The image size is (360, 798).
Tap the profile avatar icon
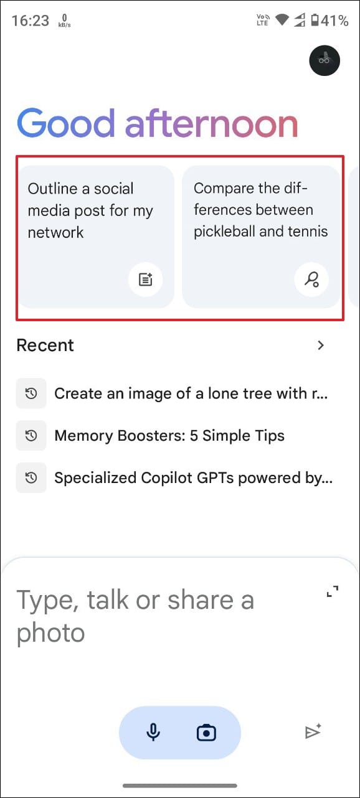pyautogui.click(x=324, y=60)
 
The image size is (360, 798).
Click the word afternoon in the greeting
pyautogui.click(x=211, y=123)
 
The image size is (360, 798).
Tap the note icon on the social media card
pyautogui.click(x=145, y=279)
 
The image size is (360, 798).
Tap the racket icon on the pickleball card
pyautogui.click(x=311, y=279)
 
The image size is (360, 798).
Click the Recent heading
pyautogui.click(x=45, y=345)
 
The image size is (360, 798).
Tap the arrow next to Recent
pyautogui.click(x=321, y=345)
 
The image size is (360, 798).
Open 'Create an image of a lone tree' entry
pyautogui.click(x=191, y=393)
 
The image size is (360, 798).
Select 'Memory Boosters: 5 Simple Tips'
pyautogui.click(x=169, y=435)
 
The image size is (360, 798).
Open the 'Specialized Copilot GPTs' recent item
pyautogui.click(x=194, y=477)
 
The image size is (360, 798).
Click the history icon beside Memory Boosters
pyautogui.click(x=31, y=435)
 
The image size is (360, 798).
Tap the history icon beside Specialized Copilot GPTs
pyautogui.click(x=31, y=477)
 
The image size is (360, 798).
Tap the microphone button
pyautogui.click(x=153, y=733)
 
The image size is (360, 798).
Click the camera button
pyautogui.click(x=206, y=733)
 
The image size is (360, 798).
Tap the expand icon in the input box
pyautogui.click(x=333, y=591)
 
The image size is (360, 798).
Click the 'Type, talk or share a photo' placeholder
pyautogui.click(x=135, y=616)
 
